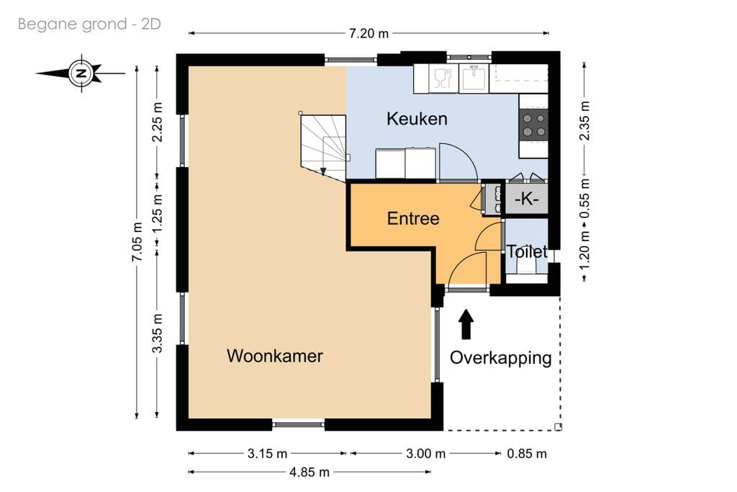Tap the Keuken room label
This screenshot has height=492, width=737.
pyautogui.click(x=417, y=119)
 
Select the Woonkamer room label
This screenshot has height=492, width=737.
pyautogui.click(x=274, y=356)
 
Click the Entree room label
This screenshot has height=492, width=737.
pyautogui.click(x=413, y=218)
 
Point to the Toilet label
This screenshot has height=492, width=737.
pyautogui.click(x=527, y=252)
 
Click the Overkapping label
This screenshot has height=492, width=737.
pyautogui.click(x=501, y=358)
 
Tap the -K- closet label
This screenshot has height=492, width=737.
pyautogui.click(x=526, y=200)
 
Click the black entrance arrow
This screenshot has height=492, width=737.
pyautogui.click(x=466, y=324)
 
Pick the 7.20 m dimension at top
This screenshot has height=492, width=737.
pyautogui.click(x=368, y=33)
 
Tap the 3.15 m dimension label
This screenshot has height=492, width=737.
pyautogui.click(x=266, y=453)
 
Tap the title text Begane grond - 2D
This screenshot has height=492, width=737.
pyautogui.click(x=89, y=24)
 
